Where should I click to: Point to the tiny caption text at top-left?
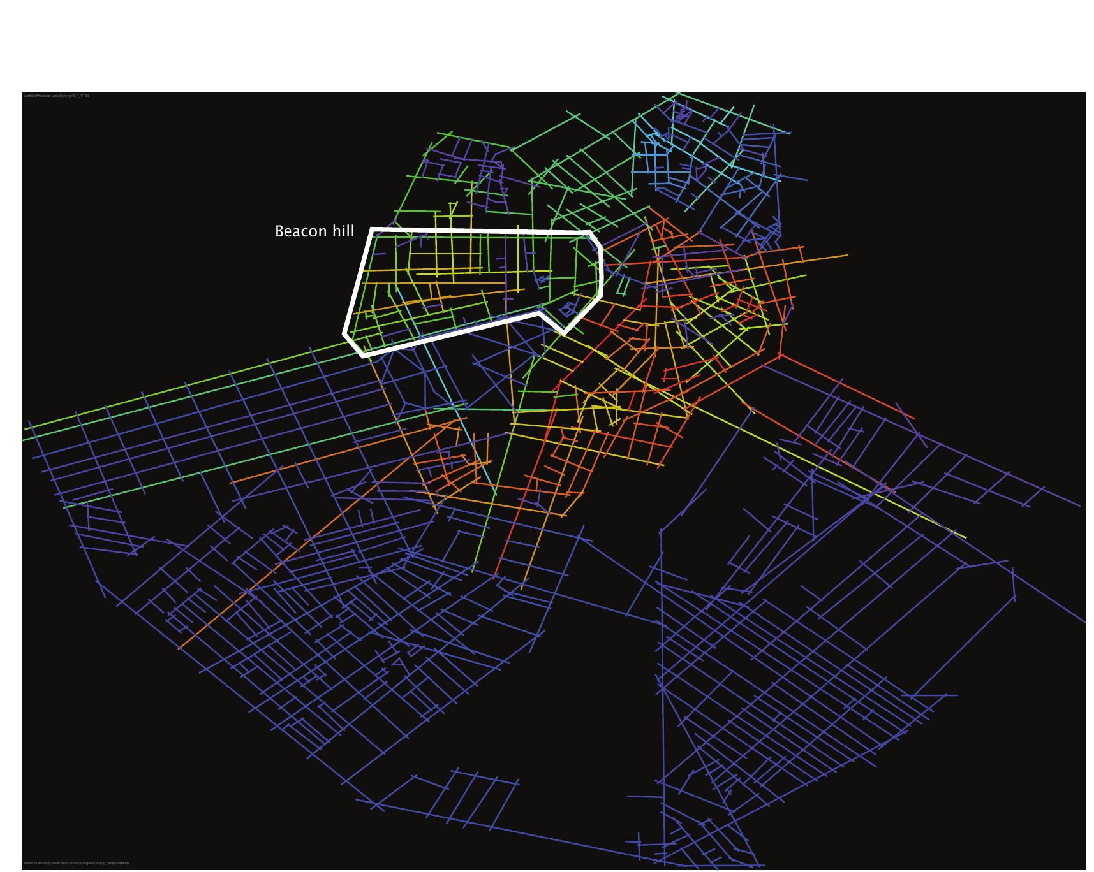click(x=56, y=96)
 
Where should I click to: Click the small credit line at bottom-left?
click(x=76, y=863)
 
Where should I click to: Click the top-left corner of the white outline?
click(x=372, y=229)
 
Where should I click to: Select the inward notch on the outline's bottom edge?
click(x=540, y=313)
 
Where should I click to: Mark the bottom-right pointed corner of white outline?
click(x=563, y=332)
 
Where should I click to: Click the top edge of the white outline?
click(x=478, y=230)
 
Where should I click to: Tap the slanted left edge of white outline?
click(x=358, y=281)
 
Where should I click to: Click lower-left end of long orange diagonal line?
click(x=181, y=648)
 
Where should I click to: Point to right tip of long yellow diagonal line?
click(x=965, y=537)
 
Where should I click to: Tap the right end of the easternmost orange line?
click(x=848, y=255)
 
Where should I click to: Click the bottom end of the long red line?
click(x=496, y=575)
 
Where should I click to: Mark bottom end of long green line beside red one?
click(x=473, y=570)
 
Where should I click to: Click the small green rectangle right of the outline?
click(x=622, y=285)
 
